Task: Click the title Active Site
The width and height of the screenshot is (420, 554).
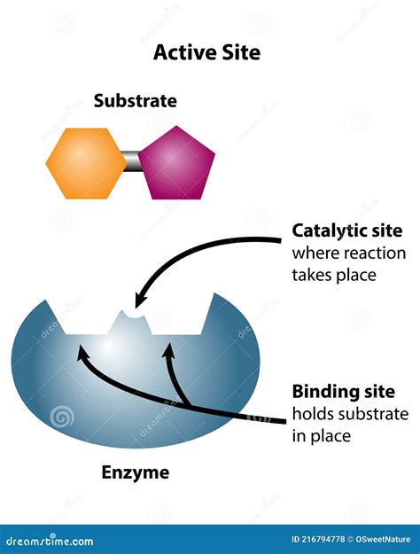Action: point(207,52)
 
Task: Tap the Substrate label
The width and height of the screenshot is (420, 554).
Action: point(135,101)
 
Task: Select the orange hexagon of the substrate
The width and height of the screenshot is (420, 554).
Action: point(86,163)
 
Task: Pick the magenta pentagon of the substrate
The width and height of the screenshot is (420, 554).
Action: point(176,164)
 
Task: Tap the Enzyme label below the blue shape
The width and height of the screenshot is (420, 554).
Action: point(134,472)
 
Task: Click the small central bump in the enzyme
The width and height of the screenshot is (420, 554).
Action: point(133,322)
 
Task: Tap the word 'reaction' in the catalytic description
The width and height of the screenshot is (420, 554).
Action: point(377,253)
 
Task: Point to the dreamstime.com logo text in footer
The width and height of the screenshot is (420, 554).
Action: point(51,541)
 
